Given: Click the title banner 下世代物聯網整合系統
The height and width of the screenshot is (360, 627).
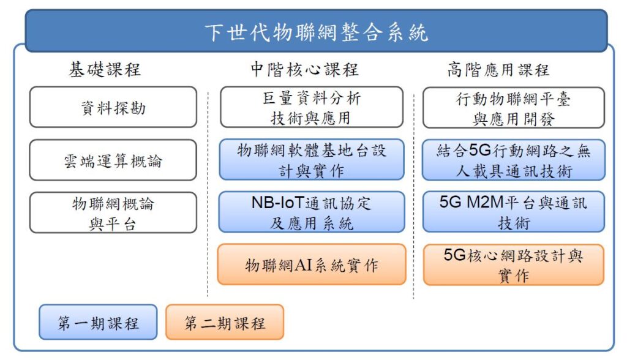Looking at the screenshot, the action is click(317, 31).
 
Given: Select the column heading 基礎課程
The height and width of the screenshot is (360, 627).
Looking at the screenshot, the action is click(105, 70).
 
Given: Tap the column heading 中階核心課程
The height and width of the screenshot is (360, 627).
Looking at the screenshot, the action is click(305, 70).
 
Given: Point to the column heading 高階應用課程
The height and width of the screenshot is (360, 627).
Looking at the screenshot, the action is click(498, 70).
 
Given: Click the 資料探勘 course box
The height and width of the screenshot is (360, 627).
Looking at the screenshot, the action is click(113, 107).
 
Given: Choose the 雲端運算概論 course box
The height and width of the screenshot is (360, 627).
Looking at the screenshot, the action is click(113, 160).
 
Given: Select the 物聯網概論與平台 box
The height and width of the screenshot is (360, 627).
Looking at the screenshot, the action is click(113, 213).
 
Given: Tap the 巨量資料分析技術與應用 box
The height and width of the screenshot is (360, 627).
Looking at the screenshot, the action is click(312, 107).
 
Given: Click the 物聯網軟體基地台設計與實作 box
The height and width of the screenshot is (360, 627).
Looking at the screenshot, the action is click(312, 160).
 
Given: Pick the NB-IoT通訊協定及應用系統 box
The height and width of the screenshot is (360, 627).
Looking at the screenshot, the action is click(312, 212).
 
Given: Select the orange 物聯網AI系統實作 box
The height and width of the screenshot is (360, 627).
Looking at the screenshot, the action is click(312, 264).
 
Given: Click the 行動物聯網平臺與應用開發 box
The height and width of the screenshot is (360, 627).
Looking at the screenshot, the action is click(514, 108).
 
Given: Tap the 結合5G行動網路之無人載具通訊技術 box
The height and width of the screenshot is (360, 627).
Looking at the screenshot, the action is click(514, 160).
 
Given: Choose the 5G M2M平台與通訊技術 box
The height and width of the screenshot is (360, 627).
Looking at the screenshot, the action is click(514, 212).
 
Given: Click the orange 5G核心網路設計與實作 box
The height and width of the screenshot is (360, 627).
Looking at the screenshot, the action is click(514, 265).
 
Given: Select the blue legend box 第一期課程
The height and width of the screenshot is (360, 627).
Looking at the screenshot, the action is click(98, 322).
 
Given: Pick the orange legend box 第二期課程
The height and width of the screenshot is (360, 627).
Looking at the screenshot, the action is click(225, 322).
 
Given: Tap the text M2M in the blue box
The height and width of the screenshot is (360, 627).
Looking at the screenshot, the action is click(485, 203).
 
